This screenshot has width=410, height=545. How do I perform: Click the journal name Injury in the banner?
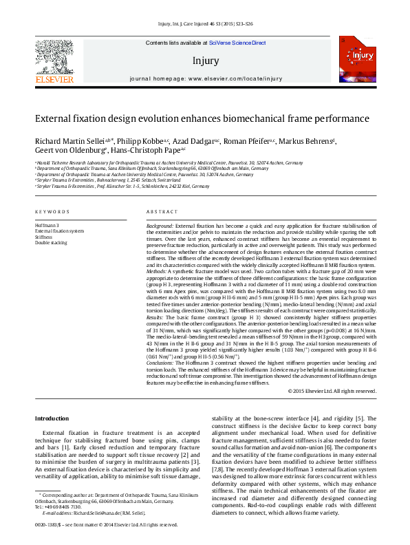(206, 61)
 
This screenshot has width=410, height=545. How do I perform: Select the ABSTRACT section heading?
(162, 211)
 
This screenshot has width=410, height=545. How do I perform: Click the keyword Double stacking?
(52, 242)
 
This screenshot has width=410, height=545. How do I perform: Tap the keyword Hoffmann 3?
(47, 225)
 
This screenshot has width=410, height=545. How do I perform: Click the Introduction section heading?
(52, 418)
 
